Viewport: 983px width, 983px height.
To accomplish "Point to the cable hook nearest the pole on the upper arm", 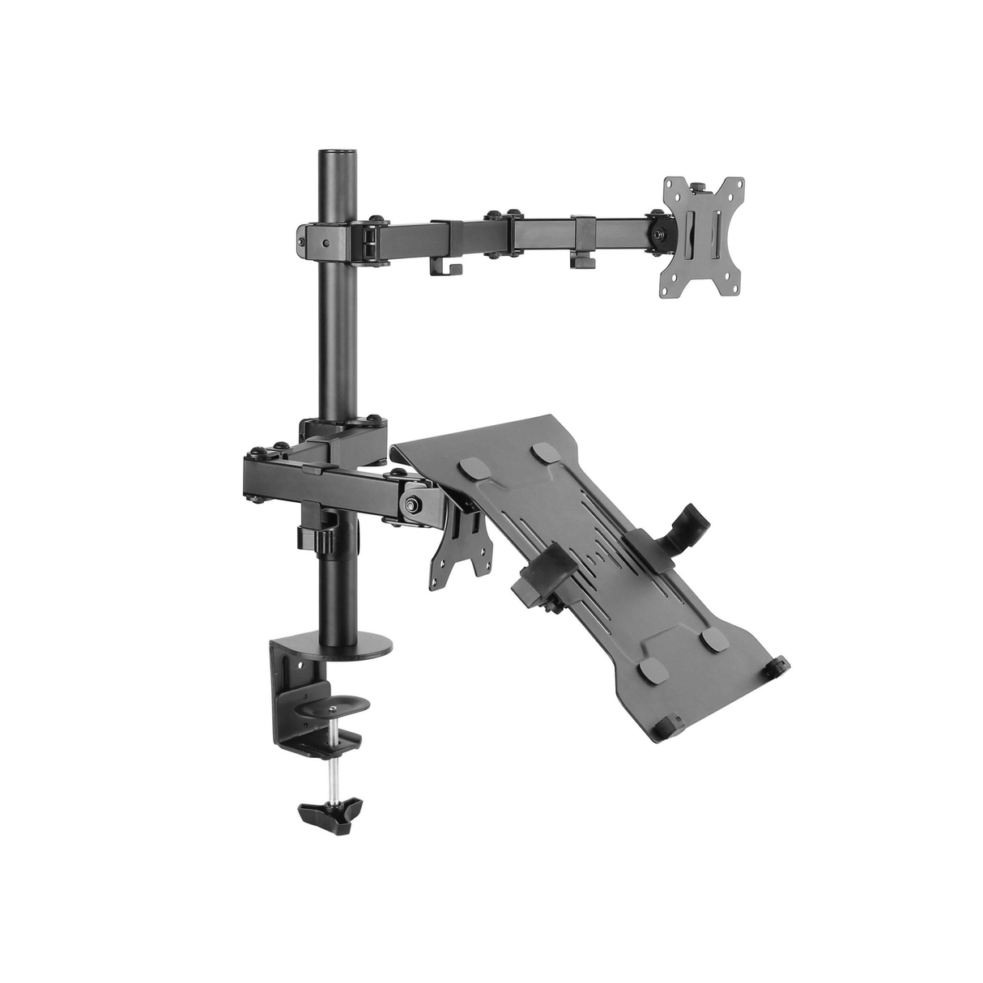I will (444, 264).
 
